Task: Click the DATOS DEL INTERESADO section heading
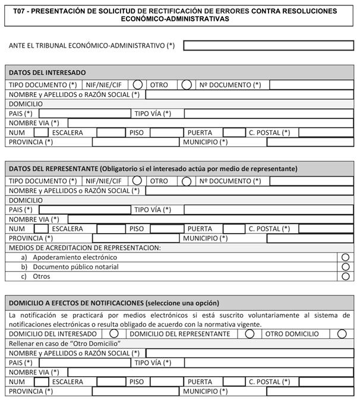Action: [x=47, y=73]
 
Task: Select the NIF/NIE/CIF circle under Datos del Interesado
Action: [x=137, y=85]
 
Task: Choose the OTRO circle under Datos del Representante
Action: [x=187, y=181]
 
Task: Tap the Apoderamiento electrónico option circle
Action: [x=346, y=257]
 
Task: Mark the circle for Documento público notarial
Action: [x=346, y=267]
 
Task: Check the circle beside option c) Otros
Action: [x=346, y=276]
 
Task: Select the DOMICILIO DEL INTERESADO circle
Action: [x=114, y=334]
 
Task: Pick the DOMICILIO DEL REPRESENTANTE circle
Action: [x=250, y=334]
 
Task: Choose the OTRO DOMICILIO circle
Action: [x=342, y=334]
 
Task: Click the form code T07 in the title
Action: [x=20, y=11]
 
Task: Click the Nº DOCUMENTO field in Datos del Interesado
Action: [x=311, y=85]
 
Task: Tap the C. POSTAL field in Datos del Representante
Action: [x=326, y=229]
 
